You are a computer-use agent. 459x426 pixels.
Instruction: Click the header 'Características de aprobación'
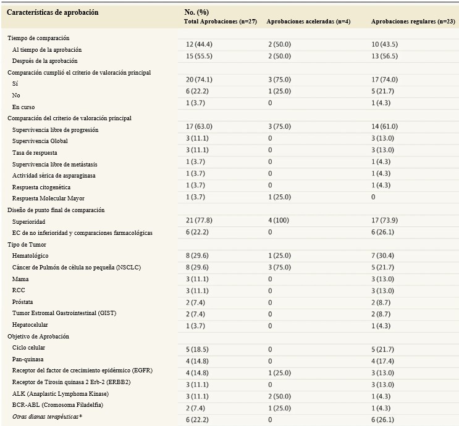[53, 12]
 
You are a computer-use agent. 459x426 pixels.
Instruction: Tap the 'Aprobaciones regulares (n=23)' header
[413, 22]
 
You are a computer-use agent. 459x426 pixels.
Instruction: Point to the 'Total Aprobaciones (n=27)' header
[221, 22]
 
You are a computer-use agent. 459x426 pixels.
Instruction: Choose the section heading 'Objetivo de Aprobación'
[38, 336]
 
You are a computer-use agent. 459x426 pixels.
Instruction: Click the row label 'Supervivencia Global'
[40, 141]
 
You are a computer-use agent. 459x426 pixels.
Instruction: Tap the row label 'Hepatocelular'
[30, 325]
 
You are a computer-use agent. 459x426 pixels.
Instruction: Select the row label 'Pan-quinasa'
[28, 359]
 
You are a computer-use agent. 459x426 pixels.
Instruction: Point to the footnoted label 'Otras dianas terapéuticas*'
[47, 417]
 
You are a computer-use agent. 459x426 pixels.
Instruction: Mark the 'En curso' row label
[23, 107]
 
